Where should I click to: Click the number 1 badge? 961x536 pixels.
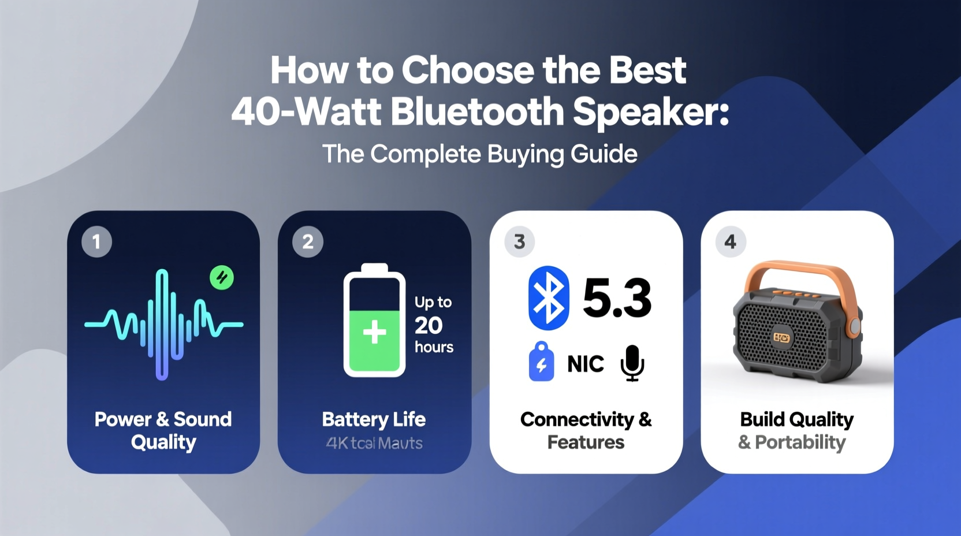pyautogui.click(x=96, y=241)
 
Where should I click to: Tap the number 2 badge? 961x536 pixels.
pyautogui.click(x=308, y=241)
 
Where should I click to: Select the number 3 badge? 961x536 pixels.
pyautogui.click(x=519, y=241)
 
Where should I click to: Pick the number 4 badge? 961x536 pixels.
pyautogui.click(x=731, y=241)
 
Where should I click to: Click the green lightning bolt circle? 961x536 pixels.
pyautogui.click(x=222, y=278)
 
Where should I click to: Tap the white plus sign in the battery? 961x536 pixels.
pyautogui.click(x=374, y=333)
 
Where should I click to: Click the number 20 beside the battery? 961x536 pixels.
pyautogui.click(x=429, y=326)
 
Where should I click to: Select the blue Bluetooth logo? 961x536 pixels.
pyautogui.click(x=548, y=298)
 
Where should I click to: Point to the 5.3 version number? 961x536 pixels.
pyautogui.click(x=617, y=299)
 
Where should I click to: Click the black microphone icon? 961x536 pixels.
pyautogui.click(x=632, y=363)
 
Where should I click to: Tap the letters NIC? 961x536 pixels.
pyautogui.click(x=586, y=364)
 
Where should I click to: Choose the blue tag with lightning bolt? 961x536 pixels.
pyautogui.click(x=541, y=363)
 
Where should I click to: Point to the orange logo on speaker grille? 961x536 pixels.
pyautogui.click(x=782, y=337)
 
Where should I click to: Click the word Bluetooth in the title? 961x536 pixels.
pyautogui.click(x=477, y=111)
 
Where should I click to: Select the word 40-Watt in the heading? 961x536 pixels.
pyautogui.click(x=306, y=111)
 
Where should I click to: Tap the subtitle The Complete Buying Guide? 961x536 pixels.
pyautogui.click(x=480, y=154)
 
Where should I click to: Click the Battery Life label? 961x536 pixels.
pyautogui.click(x=374, y=419)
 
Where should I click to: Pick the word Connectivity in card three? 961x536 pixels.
pyautogui.click(x=577, y=419)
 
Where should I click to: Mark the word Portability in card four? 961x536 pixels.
pyautogui.click(x=800, y=442)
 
